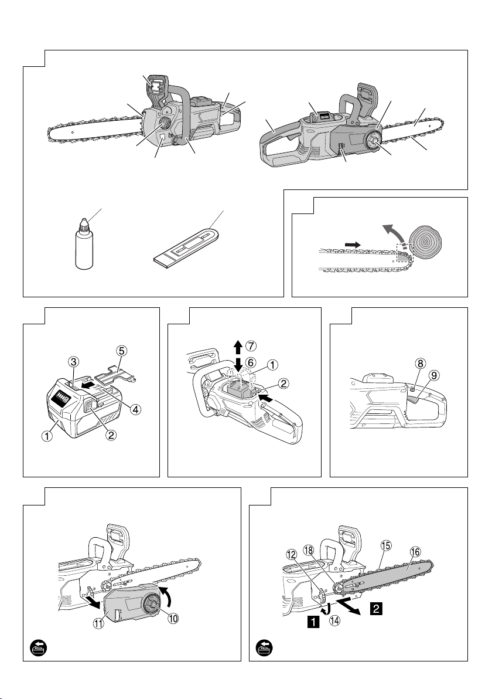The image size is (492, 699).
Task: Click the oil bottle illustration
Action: (x=84, y=245)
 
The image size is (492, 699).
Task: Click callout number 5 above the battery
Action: (x=122, y=351)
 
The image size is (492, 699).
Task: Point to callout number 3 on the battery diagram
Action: (x=74, y=360)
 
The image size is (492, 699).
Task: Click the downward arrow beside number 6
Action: (x=238, y=364)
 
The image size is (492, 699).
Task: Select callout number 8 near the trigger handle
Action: (x=420, y=363)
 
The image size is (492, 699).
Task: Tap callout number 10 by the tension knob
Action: (x=173, y=618)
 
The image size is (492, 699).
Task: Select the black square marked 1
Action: (x=313, y=622)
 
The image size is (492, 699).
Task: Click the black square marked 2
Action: (x=376, y=608)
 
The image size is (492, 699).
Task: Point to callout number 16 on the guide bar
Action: (x=415, y=552)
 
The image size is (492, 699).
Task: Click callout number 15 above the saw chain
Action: (x=385, y=545)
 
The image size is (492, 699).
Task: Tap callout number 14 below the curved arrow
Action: (x=334, y=622)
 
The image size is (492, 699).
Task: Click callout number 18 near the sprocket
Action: (x=309, y=549)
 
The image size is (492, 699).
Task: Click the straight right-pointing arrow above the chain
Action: (x=352, y=245)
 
